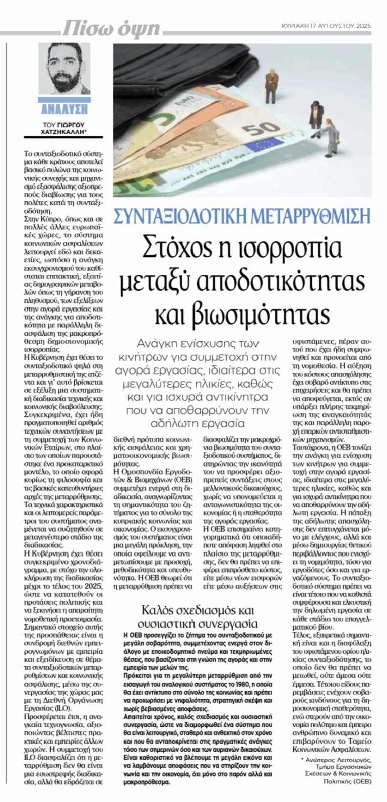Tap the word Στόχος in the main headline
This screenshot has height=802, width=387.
172,248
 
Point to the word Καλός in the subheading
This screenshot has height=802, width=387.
156,609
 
